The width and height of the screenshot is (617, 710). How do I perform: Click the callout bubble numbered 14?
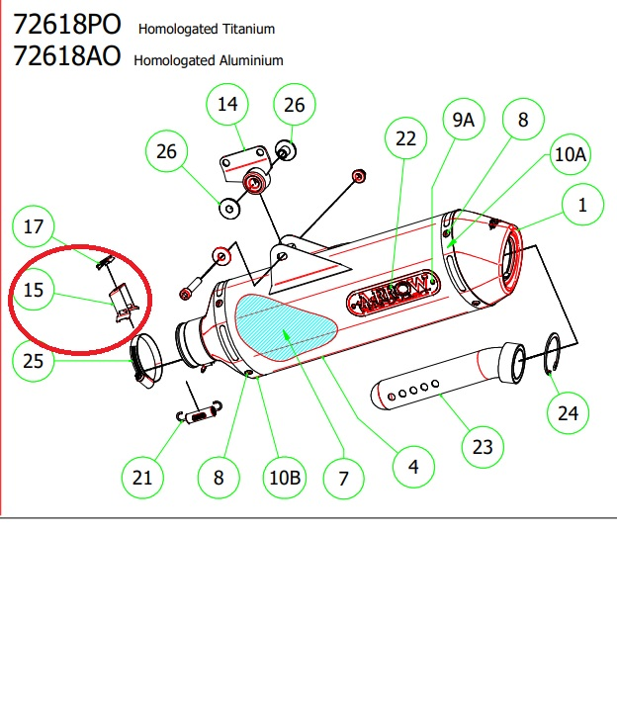click(227, 105)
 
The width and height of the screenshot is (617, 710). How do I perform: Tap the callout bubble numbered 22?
click(406, 140)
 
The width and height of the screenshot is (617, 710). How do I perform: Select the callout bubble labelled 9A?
click(463, 121)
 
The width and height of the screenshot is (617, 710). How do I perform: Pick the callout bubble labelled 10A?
click(571, 155)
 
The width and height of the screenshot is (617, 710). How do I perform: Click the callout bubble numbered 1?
click(582, 206)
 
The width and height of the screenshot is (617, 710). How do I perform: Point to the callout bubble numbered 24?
click(568, 413)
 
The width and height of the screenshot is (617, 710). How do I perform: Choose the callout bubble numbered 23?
click(482, 447)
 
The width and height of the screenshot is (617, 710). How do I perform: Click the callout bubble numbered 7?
click(343, 479)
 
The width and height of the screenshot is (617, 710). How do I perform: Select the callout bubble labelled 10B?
click(284, 479)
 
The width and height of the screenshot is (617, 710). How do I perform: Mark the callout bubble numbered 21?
click(143, 479)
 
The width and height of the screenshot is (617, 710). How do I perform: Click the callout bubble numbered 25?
click(34, 362)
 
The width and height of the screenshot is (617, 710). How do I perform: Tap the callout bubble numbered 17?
click(34, 226)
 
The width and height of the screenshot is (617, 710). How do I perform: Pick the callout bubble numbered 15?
click(34, 291)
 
